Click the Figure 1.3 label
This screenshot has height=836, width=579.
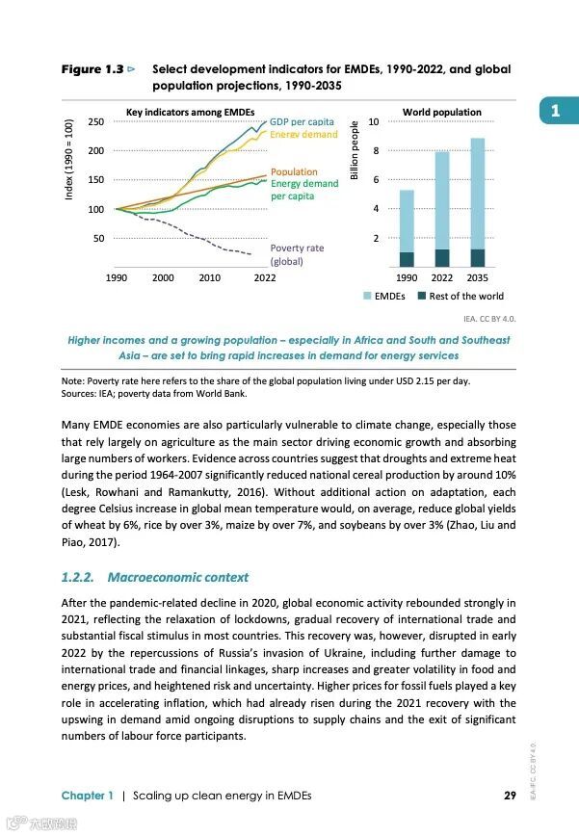pyautogui.click(x=92, y=70)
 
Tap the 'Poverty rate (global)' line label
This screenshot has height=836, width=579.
pyautogui.click(x=297, y=254)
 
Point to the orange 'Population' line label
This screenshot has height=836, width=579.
pyautogui.click(x=294, y=171)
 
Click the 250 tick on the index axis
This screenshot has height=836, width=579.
pyautogui.click(x=95, y=122)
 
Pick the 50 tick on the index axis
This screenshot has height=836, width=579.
pyautogui.click(x=99, y=238)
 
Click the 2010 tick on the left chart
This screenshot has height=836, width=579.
pyautogui.click(x=209, y=278)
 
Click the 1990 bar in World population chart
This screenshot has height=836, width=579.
pyautogui.click(x=407, y=228)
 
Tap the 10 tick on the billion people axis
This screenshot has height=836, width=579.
pyautogui.click(x=374, y=121)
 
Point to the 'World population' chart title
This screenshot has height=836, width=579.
pyautogui.click(x=441, y=113)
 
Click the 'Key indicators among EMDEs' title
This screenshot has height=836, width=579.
pyautogui.click(x=190, y=113)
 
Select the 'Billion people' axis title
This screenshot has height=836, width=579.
pyautogui.click(x=355, y=151)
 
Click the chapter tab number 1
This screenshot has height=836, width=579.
pyautogui.click(x=555, y=113)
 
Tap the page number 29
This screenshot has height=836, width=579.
pyautogui.click(x=512, y=796)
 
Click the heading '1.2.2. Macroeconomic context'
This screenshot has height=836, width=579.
pyautogui.click(x=154, y=578)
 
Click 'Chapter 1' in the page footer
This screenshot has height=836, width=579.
pyautogui.click(x=88, y=796)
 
